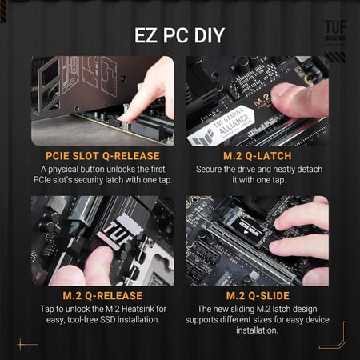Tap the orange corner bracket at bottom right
point(337,336)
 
